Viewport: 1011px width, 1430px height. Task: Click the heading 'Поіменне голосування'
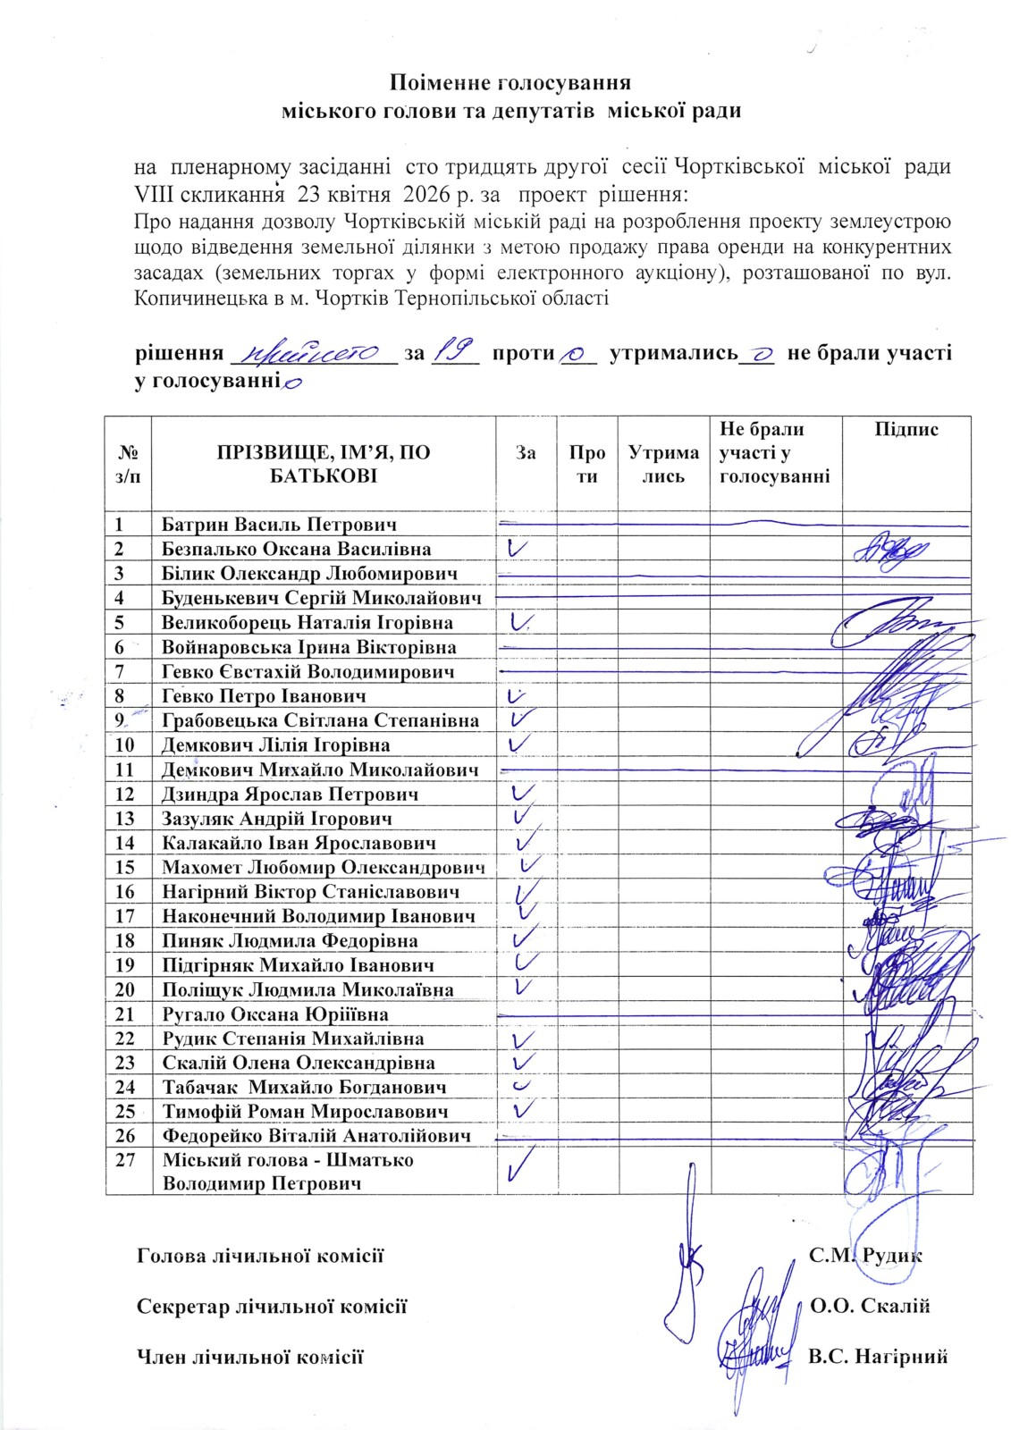pyautogui.click(x=510, y=84)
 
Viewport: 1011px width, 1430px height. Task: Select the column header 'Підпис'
pyautogui.click(x=906, y=430)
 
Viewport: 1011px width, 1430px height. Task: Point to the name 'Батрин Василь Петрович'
pyautogui.click(x=279, y=524)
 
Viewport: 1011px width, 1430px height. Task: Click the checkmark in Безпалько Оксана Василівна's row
pyautogui.click(x=518, y=547)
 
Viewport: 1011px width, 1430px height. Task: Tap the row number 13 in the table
pyautogui.click(x=126, y=819)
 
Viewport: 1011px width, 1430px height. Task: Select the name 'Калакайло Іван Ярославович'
pyautogui.click(x=299, y=843)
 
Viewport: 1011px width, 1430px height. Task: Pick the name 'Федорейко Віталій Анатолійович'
pyautogui.click(x=316, y=1136)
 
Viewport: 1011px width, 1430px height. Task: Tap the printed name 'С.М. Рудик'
pyautogui.click(x=865, y=1255)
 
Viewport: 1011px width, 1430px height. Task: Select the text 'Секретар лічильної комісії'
pyautogui.click(x=272, y=1306)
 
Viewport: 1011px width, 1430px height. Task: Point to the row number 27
pyautogui.click(x=126, y=1160)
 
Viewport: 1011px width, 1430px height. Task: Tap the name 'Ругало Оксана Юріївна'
pyautogui.click(x=274, y=1014)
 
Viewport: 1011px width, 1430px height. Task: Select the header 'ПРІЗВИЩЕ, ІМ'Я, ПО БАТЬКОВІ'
pyautogui.click(x=324, y=464)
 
